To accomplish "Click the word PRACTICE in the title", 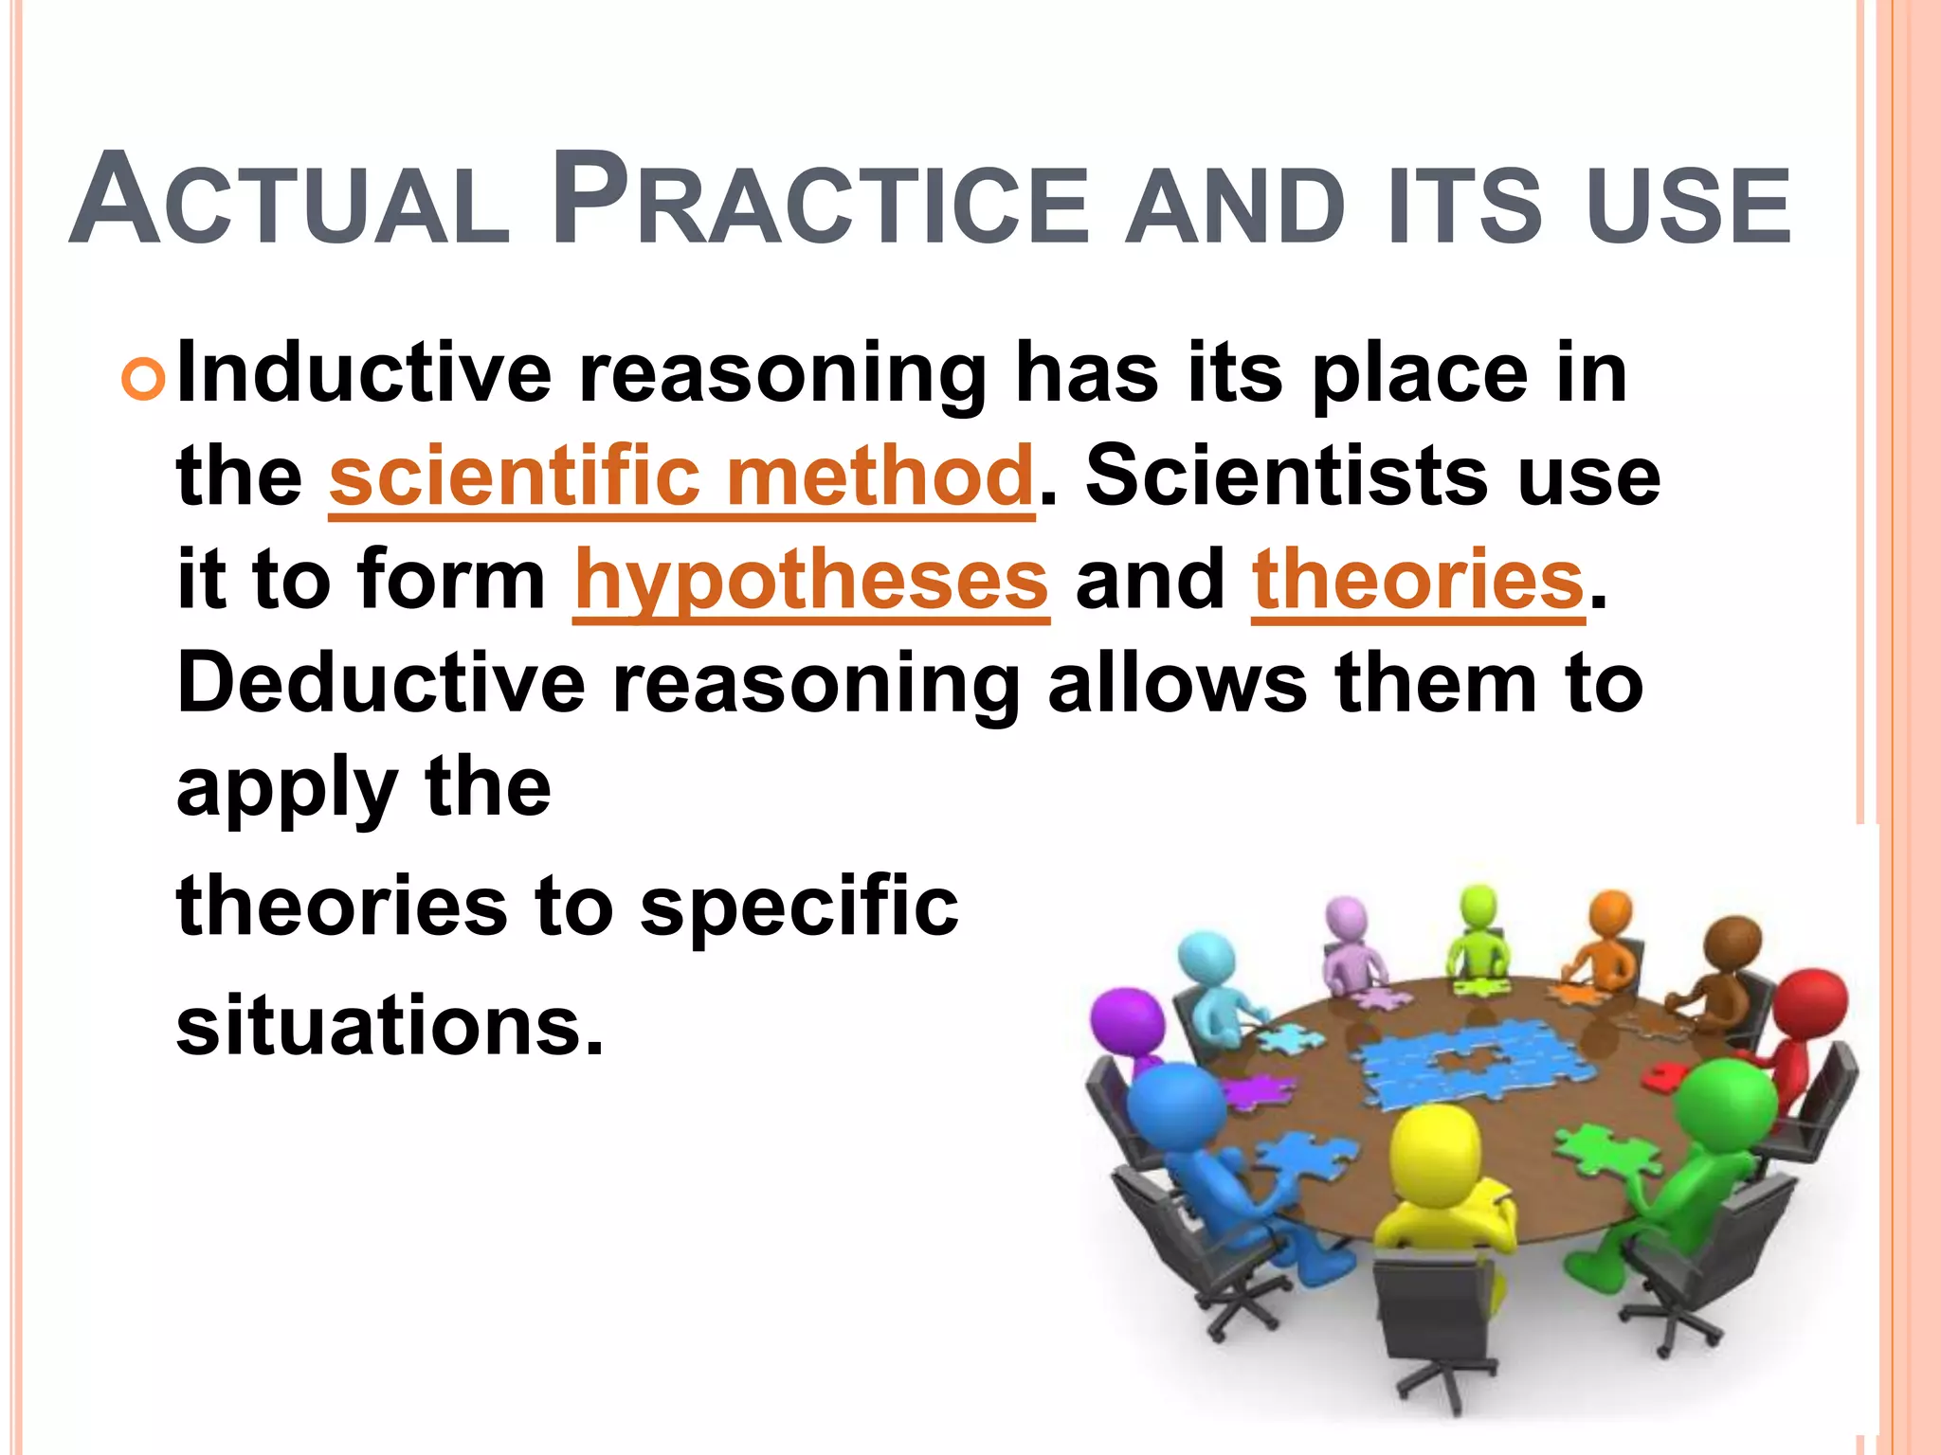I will (821, 202).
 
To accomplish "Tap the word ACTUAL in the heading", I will (289, 202).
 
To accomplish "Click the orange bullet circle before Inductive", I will (143, 378).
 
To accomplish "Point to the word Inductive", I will (364, 372).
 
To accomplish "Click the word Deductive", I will (381, 683).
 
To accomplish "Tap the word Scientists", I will (1286, 476).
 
